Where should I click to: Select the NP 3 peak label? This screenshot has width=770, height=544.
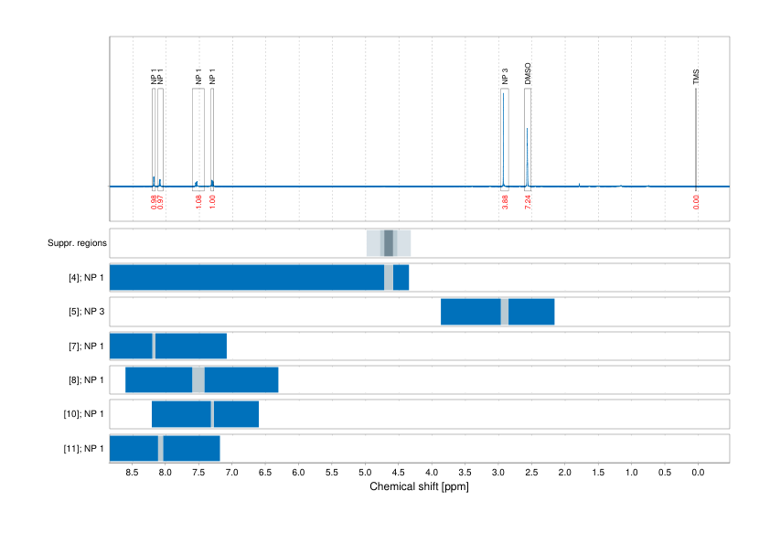point(505,78)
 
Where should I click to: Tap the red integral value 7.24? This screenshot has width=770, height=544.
point(528,202)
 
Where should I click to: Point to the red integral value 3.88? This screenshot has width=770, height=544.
point(505,202)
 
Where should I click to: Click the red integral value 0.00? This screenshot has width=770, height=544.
point(696,202)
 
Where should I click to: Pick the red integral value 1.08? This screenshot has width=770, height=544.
point(198,202)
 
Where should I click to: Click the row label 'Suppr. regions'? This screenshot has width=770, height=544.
point(77,243)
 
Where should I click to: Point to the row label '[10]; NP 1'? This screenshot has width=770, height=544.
point(83,414)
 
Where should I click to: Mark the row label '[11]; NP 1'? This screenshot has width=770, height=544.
point(83,449)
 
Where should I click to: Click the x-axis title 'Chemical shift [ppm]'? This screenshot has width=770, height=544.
point(419,486)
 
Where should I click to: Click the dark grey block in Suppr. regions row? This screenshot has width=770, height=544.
point(389,243)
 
